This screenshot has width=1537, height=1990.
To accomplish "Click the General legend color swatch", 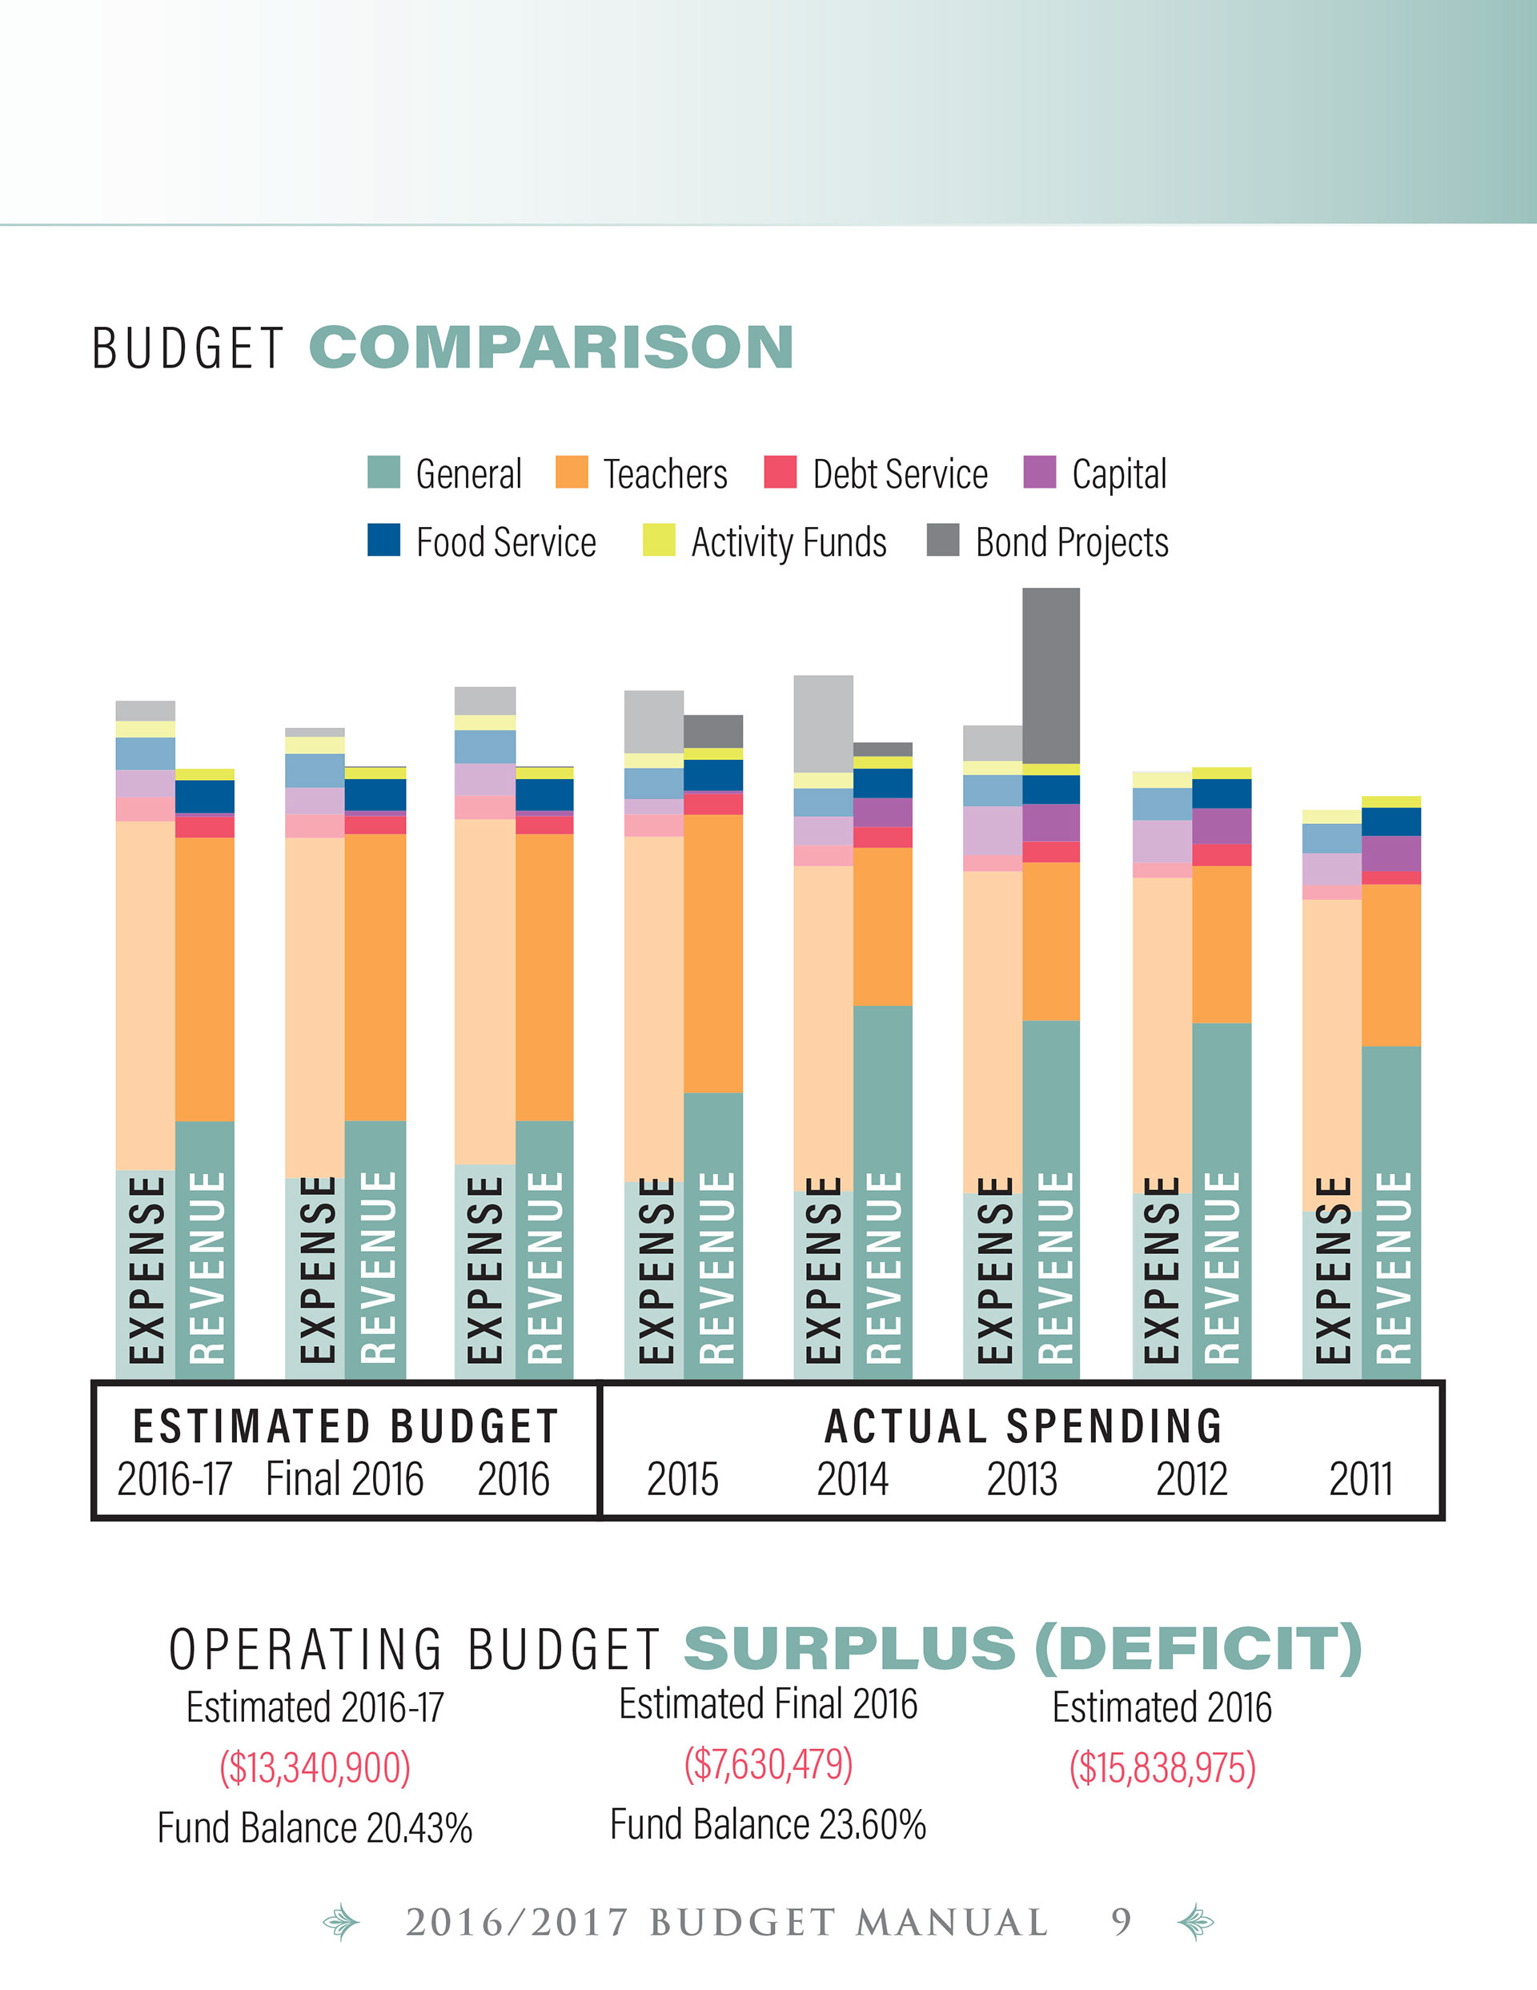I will coord(383,472).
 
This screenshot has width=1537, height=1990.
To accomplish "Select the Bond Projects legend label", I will coord(1071,542).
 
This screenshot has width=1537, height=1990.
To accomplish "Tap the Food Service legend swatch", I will coord(383,540).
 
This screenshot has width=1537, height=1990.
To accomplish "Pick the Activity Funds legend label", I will coord(788,542).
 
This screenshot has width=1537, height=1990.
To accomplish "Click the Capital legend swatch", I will coord(1040,472).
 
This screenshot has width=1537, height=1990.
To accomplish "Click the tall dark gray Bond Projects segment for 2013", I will coord(1050,675).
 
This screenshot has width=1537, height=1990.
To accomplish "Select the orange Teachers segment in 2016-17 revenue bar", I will coord(204,979).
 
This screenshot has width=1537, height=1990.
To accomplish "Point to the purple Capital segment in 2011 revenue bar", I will coord(1391,853).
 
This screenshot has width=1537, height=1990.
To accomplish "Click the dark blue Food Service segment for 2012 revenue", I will coord(1221,794).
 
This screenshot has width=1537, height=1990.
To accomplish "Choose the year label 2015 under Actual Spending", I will coord(682,1479).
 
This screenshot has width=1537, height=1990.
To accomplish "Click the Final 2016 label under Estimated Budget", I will coord(344,1479).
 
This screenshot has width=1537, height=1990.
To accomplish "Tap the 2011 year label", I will coord(1360,1479).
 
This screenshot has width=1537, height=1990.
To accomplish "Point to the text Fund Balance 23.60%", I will coord(767,1825).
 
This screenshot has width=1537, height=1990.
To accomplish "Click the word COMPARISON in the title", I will coord(552,348).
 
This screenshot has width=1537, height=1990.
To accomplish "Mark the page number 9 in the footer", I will coord(1121,1923).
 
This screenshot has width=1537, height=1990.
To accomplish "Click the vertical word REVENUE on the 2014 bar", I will coord(882,1267).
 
